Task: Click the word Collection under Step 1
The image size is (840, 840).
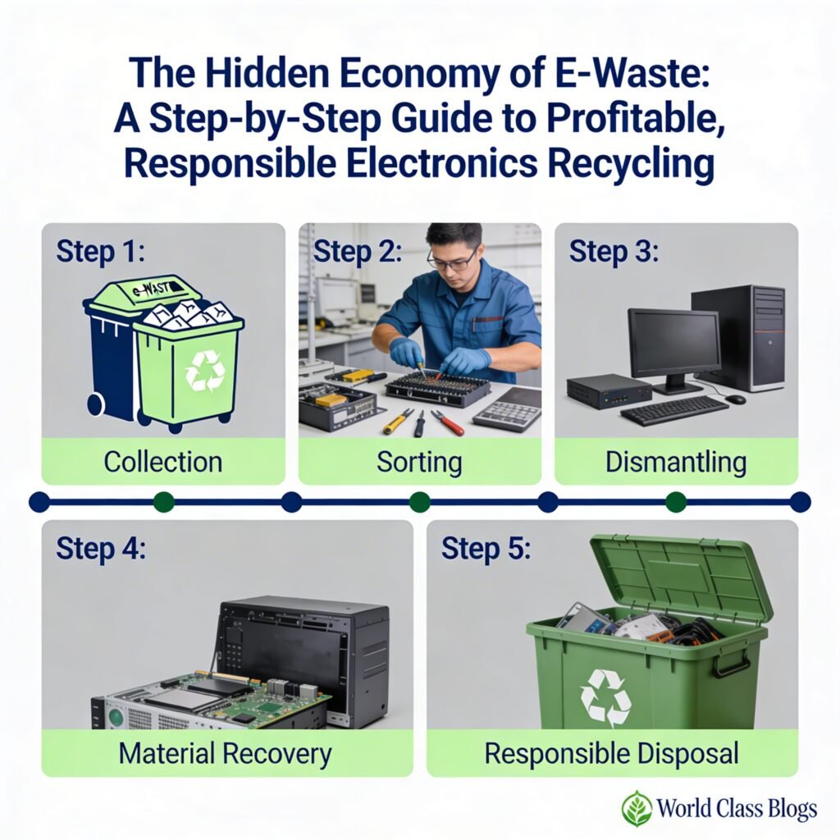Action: tap(163, 461)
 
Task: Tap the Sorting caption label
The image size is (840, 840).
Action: tap(419, 461)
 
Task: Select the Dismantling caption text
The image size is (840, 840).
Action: tap(676, 461)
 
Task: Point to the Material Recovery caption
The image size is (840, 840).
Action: tap(226, 753)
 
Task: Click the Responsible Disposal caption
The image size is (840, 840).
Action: tap(611, 753)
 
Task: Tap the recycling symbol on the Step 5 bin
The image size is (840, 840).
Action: tap(605, 697)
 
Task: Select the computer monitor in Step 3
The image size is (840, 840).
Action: tap(674, 345)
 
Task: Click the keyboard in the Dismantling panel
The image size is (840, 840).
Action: tap(673, 409)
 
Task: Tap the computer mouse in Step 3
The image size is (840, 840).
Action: tap(736, 399)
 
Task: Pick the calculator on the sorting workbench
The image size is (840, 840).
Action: tap(506, 409)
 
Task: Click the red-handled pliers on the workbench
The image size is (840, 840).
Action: tap(448, 422)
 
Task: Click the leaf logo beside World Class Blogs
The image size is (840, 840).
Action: tap(636, 808)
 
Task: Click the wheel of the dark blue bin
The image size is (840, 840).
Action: tap(95, 404)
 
